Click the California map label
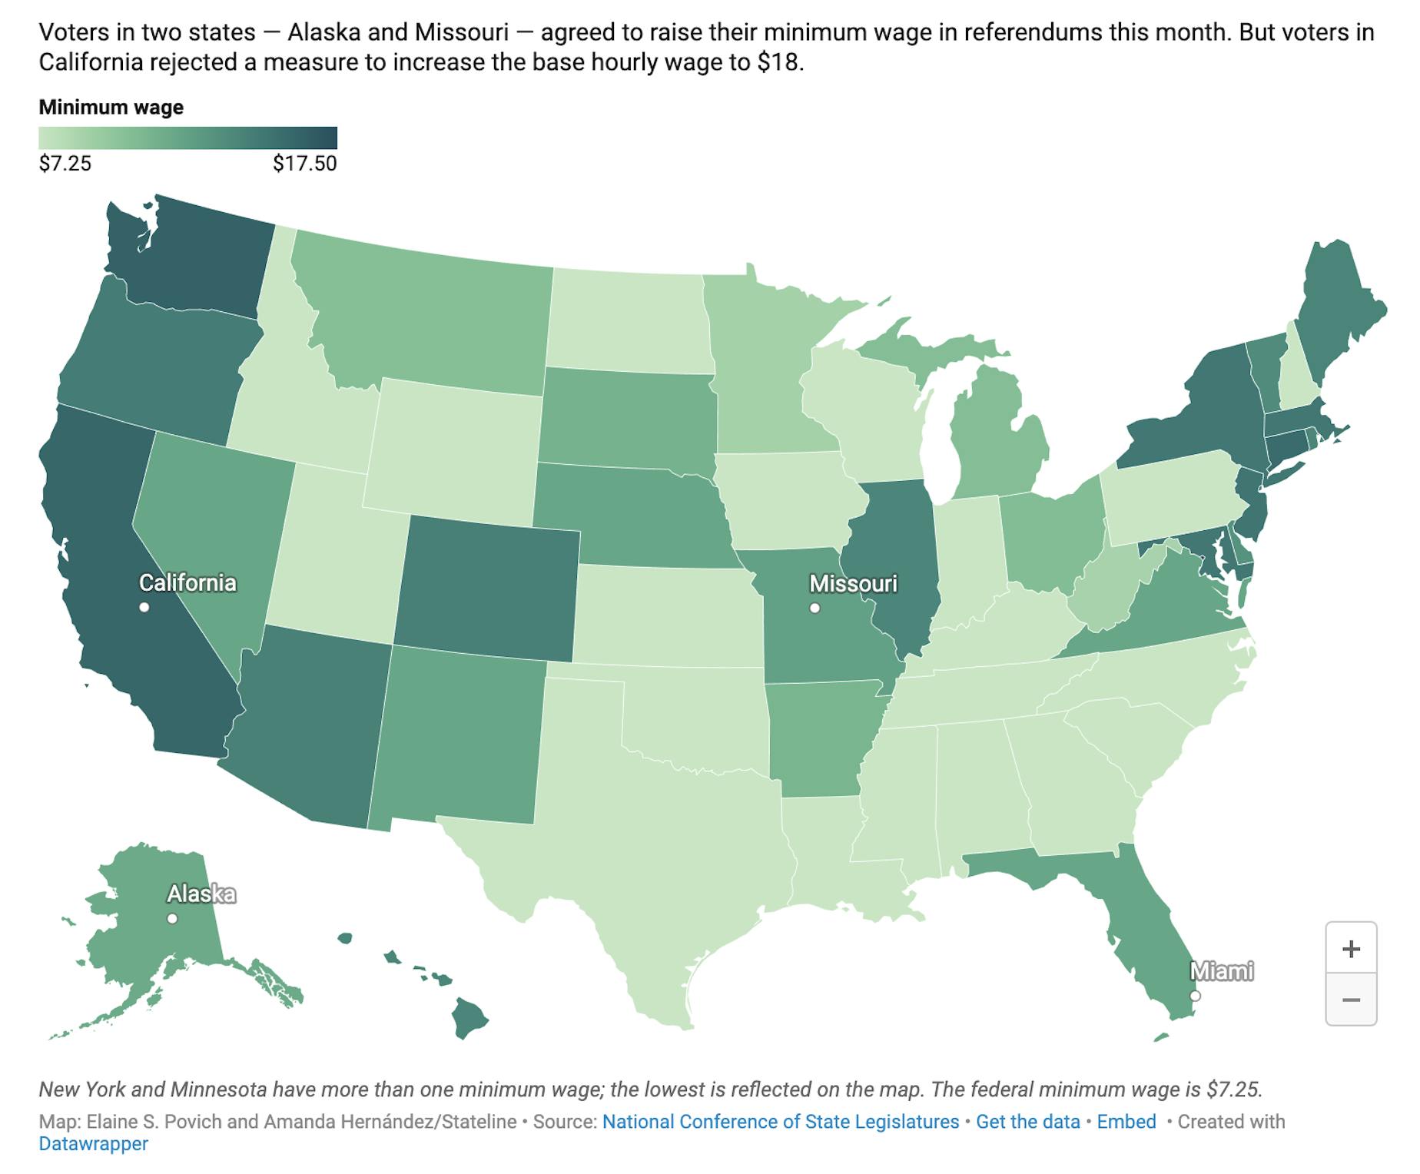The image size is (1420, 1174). point(187,583)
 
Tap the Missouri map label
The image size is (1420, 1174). point(853,584)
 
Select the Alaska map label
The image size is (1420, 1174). point(201,894)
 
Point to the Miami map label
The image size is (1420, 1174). point(1221,972)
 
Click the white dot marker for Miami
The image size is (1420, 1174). point(1195,996)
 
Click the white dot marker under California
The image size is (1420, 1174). point(144,608)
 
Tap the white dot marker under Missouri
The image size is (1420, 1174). point(815,609)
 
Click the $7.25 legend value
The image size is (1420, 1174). point(65,164)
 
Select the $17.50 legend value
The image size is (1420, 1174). point(305,164)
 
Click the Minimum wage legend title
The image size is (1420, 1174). point(111,107)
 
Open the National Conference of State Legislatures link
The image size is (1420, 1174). point(781,1122)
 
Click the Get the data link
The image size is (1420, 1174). point(1028,1122)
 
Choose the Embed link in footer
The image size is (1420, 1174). point(1126,1122)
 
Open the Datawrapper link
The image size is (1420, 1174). point(94,1144)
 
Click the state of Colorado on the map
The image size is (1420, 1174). point(487,588)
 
